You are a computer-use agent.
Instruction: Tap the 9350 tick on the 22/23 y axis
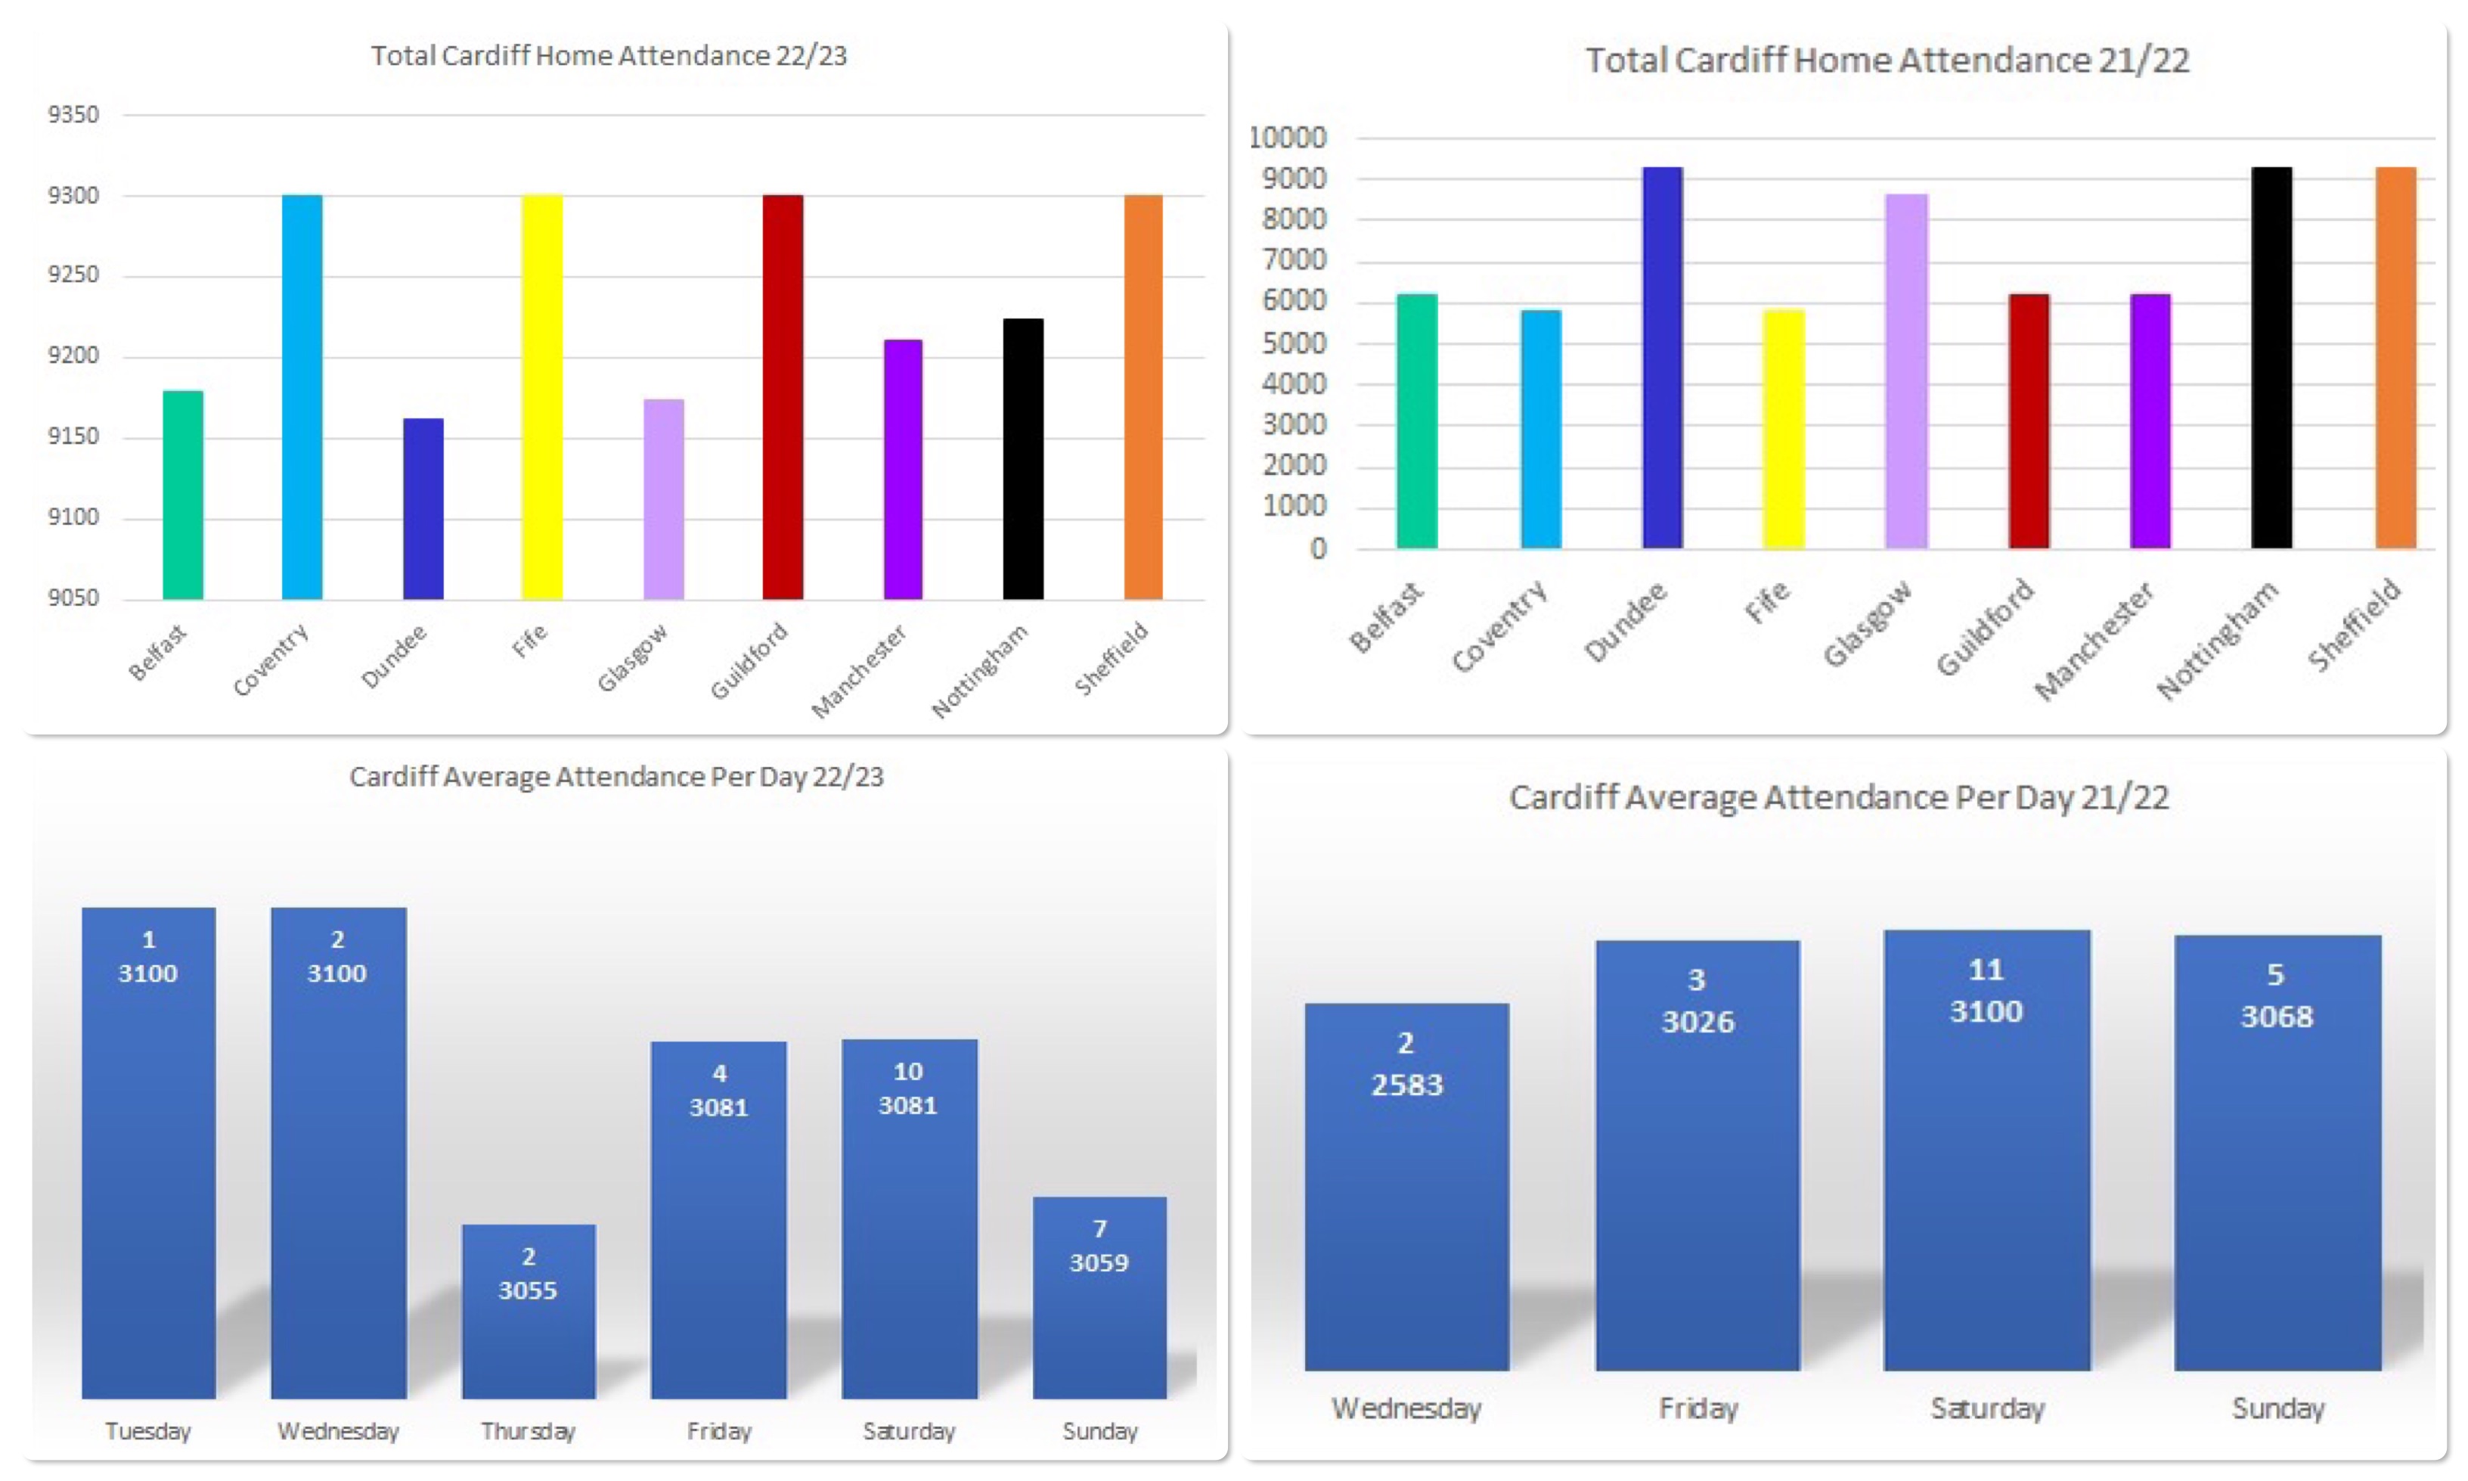74,115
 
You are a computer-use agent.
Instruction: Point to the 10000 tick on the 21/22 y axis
1287,138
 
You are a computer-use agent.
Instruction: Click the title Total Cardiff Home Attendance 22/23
609,56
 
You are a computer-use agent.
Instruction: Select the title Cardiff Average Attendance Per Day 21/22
1839,797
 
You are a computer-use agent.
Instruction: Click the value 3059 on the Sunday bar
1099,1262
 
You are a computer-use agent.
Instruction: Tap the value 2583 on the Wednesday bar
1406,1085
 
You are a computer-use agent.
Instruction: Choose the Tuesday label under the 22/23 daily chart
147,1431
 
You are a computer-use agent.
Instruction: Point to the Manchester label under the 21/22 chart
2094,641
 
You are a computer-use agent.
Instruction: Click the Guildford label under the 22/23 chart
749,660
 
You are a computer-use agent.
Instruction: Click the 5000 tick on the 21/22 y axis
1294,343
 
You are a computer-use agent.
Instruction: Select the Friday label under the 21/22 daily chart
1698,1408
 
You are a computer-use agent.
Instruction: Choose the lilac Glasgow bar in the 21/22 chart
1906,371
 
